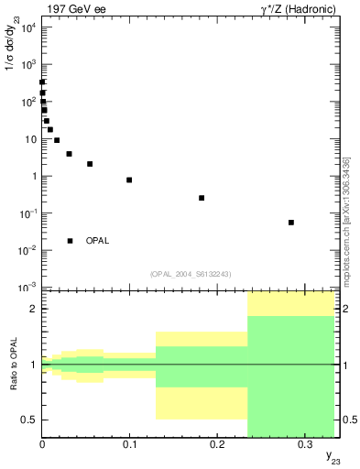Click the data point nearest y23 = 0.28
coord(290,223)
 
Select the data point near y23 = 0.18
coord(202,198)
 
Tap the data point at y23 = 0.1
coord(129,180)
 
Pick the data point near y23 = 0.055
coord(90,164)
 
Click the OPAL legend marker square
coord(70,241)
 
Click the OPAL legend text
coord(97,241)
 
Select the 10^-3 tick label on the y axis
coord(27,288)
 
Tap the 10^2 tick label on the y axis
coord(27,101)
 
